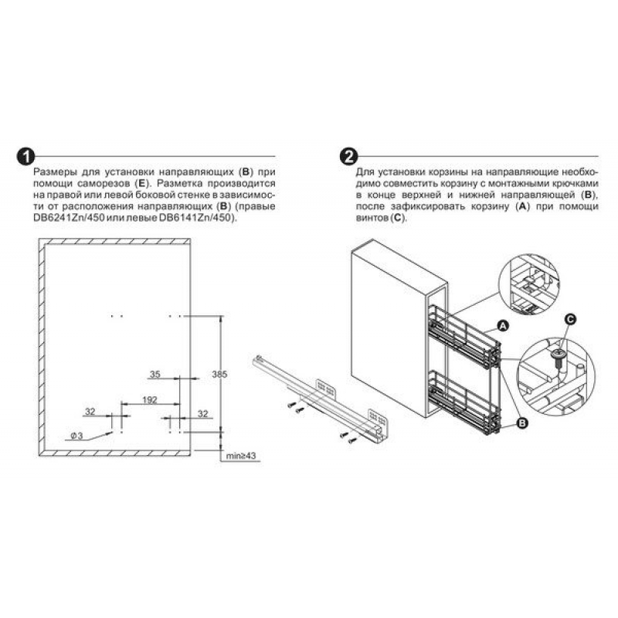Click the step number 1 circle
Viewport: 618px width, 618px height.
coord(25,157)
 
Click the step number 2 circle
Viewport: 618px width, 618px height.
coord(349,157)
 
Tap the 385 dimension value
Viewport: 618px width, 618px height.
coord(219,374)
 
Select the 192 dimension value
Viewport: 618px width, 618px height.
coord(150,399)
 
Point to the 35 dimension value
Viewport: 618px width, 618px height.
coord(155,374)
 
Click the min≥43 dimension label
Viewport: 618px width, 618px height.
coord(241,456)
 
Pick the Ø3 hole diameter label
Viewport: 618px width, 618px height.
coord(76,436)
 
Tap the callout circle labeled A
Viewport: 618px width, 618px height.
coord(503,325)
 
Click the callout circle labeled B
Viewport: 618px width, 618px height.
coord(522,423)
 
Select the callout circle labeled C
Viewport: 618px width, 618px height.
coord(569,319)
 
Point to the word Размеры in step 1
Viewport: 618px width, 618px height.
coord(55,172)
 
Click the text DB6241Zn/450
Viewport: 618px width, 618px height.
coord(69,218)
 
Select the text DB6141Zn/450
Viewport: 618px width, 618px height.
coord(195,218)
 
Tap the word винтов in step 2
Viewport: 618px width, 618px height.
coord(372,218)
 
